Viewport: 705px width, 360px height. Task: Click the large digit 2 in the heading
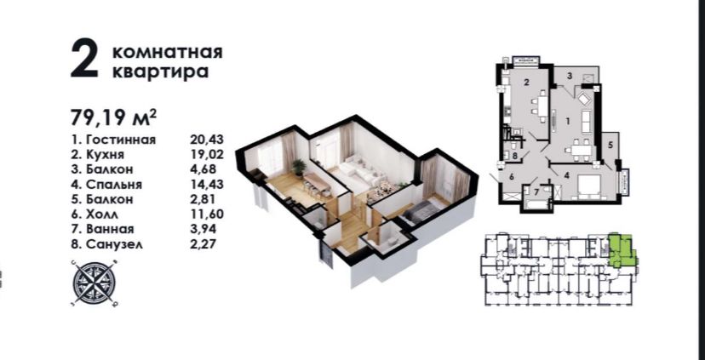pyautogui.click(x=84, y=60)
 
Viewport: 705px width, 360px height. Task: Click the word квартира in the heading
pyautogui.click(x=160, y=71)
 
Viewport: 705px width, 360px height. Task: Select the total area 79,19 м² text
pyautogui.click(x=114, y=117)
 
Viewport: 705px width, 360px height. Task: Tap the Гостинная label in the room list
pyautogui.click(x=120, y=140)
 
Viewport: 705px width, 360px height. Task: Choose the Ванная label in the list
pyautogui.click(x=110, y=229)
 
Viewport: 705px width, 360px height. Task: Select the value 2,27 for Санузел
pyautogui.click(x=203, y=244)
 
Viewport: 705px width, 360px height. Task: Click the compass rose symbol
pyautogui.click(x=95, y=283)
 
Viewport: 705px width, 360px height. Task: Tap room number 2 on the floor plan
pyautogui.click(x=525, y=83)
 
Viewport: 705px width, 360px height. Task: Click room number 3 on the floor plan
pyautogui.click(x=570, y=76)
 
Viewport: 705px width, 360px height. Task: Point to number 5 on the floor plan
pyautogui.click(x=610, y=146)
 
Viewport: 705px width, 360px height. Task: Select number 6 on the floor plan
pyautogui.click(x=512, y=177)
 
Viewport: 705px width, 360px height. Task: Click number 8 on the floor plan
pyautogui.click(x=515, y=156)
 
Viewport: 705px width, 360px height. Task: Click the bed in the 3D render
pyautogui.click(x=421, y=211)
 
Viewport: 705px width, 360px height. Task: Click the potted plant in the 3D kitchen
pyautogui.click(x=299, y=167)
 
